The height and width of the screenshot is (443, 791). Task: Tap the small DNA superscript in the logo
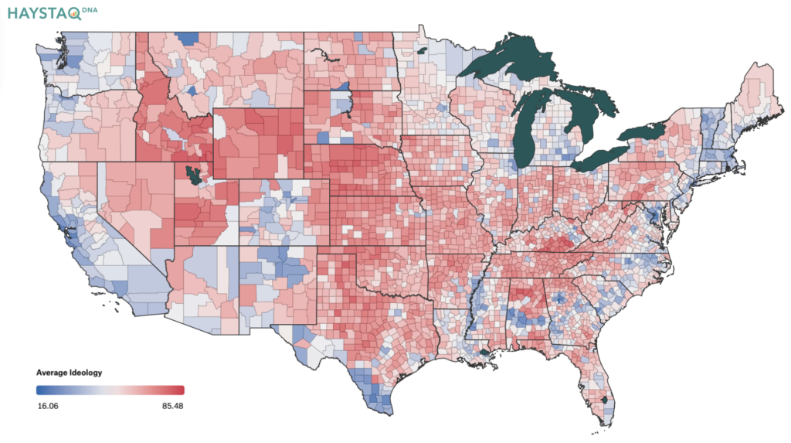pos(90,9)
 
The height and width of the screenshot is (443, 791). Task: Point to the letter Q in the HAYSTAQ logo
pos(75,14)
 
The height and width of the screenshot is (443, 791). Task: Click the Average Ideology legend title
pos(69,373)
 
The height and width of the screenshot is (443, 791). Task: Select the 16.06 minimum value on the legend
pos(47,406)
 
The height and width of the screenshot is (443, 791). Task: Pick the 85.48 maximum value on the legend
pos(172,406)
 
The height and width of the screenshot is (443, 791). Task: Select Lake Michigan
pos(525,136)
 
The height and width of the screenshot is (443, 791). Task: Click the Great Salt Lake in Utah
pos(192,175)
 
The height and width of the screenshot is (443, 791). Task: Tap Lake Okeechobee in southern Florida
pos(606,400)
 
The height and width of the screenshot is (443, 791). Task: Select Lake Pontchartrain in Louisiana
pos(484,352)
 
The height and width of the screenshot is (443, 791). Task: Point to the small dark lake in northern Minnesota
pos(422,50)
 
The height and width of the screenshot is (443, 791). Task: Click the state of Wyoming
pos(258,143)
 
